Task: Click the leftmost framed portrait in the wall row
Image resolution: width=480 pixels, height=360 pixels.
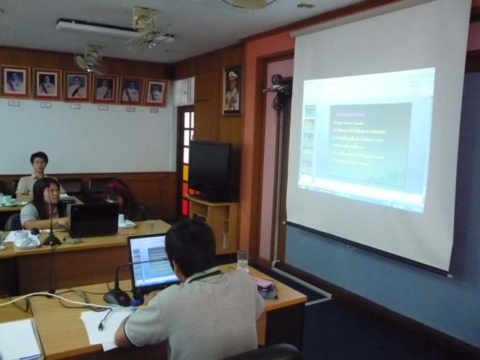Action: click(14, 81)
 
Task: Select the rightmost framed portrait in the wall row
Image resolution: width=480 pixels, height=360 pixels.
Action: click(155, 92)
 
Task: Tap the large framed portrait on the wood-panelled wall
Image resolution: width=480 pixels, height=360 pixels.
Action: click(232, 91)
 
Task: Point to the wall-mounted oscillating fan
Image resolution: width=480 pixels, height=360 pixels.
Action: click(91, 60)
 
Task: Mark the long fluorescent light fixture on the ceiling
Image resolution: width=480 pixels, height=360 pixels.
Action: click(97, 29)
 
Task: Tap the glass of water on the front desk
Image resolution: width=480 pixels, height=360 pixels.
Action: click(243, 260)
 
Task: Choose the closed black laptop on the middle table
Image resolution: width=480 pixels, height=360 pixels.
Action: click(94, 220)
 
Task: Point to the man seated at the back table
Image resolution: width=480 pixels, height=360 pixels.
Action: click(38, 174)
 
